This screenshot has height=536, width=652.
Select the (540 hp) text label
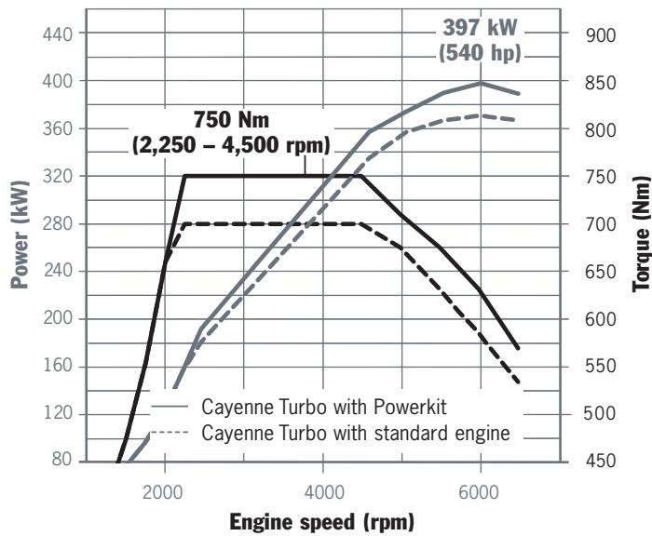[479, 53]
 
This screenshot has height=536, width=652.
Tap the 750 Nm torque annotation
[231, 121]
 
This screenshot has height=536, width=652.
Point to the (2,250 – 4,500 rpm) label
[231, 145]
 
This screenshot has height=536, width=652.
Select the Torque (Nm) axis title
[641, 248]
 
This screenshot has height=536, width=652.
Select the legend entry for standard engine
[355, 433]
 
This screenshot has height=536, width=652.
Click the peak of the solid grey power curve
[480, 83]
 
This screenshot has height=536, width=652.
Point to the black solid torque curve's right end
[519, 348]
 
